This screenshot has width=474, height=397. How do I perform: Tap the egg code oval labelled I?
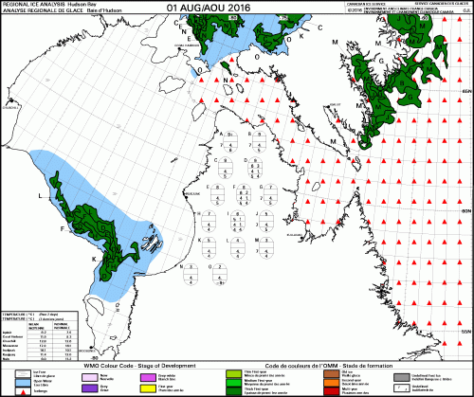(241, 224)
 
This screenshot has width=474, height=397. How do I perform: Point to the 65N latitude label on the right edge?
(465, 90)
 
